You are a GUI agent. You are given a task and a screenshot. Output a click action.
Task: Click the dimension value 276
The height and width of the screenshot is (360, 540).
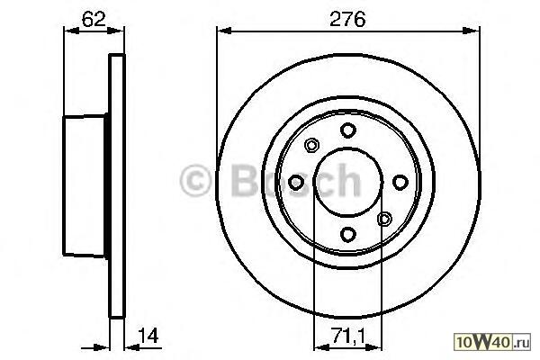(x=347, y=19)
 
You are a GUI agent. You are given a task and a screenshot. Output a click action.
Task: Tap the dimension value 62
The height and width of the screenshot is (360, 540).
(x=94, y=19)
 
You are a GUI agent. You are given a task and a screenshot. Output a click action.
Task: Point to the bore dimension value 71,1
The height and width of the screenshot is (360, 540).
(x=348, y=336)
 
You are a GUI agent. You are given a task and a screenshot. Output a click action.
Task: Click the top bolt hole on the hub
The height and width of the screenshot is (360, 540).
(x=347, y=130)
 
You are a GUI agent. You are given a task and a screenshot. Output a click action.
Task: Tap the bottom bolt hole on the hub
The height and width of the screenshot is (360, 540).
(x=347, y=234)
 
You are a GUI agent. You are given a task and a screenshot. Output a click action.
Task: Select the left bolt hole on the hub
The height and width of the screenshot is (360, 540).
(x=296, y=182)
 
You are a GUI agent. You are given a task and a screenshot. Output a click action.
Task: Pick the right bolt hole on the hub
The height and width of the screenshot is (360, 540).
(x=400, y=182)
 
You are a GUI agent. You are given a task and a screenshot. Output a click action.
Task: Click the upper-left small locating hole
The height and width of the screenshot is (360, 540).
(x=311, y=145)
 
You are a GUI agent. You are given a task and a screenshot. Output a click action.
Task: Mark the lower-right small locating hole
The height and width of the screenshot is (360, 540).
(x=384, y=219)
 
